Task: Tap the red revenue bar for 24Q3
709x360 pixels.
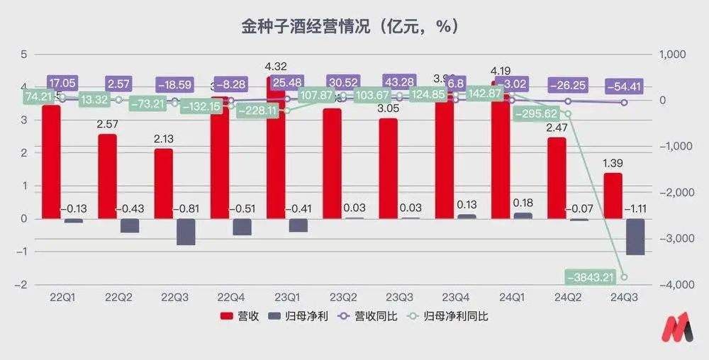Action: click(x=613, y=196)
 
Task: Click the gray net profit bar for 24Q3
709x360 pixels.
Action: click(x=635, y=237)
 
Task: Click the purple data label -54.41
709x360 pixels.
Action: click(x=624, y=86)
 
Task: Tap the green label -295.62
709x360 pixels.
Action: click(x=540, y=113)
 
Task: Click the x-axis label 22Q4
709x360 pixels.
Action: click(x=231, y=297)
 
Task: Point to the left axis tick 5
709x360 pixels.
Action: click(x=23, y=55)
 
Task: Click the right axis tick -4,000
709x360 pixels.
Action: click(x=677, y=284)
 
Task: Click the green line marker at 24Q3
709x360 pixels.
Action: click(x=624, y=277)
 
